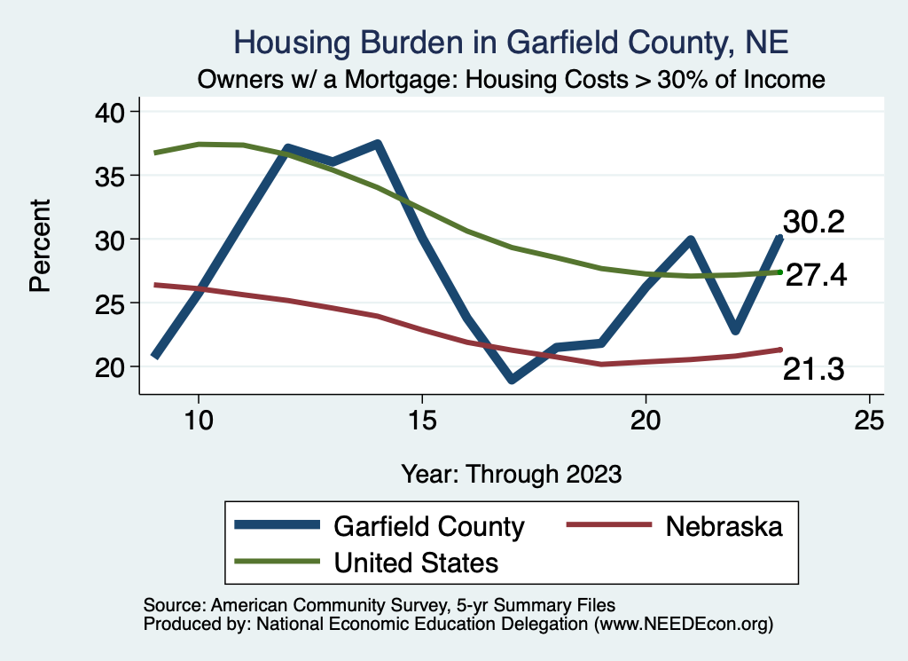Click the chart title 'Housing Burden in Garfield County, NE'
[x=510, y=42]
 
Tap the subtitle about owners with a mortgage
[x=512, y=79]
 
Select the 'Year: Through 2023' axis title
[x=511, y=473]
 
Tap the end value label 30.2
[x=813, y=222]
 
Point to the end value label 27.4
[x=817, y=275]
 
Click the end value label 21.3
[x=813, y=370]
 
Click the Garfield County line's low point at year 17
[x=512, y=379]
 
